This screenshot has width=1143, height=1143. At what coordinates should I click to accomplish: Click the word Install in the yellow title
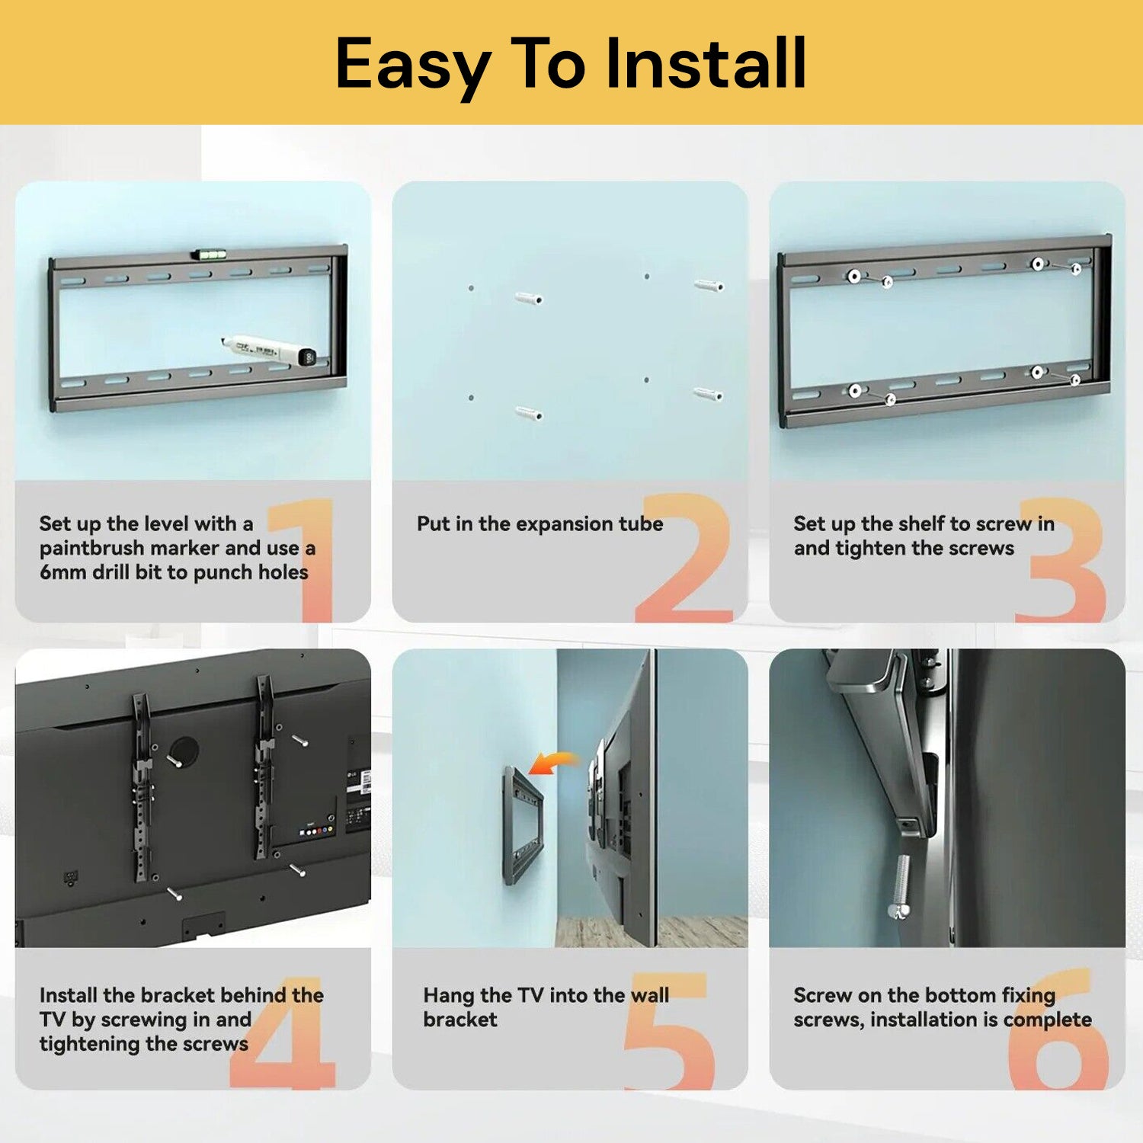pyautogui.click(x=706, y=63)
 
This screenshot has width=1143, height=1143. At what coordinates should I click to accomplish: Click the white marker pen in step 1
pyautogui.click(x=268, y=350)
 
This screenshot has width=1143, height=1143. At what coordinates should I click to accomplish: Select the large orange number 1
pyautogui.click(x=303, y=560)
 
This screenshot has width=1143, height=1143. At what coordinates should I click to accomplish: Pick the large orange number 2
pyautogui.click(x=685, y=557)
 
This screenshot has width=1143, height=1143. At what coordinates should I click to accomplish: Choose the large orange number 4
pyautogui.click(x=284, y=1032)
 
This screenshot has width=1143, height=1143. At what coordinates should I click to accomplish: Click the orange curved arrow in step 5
pyautogui.click(x=554, y=760)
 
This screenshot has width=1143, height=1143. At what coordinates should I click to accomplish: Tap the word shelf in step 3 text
pyautogui.click(x=920, y=523)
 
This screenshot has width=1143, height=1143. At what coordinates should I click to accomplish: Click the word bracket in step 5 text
pyautogui.click(x=460, y=1020)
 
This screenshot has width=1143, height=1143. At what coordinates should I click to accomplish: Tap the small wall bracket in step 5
pyautogui.click(x=521, y=827)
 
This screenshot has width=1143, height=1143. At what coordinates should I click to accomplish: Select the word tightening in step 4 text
pyautogui.click(x=83, y=1044)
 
